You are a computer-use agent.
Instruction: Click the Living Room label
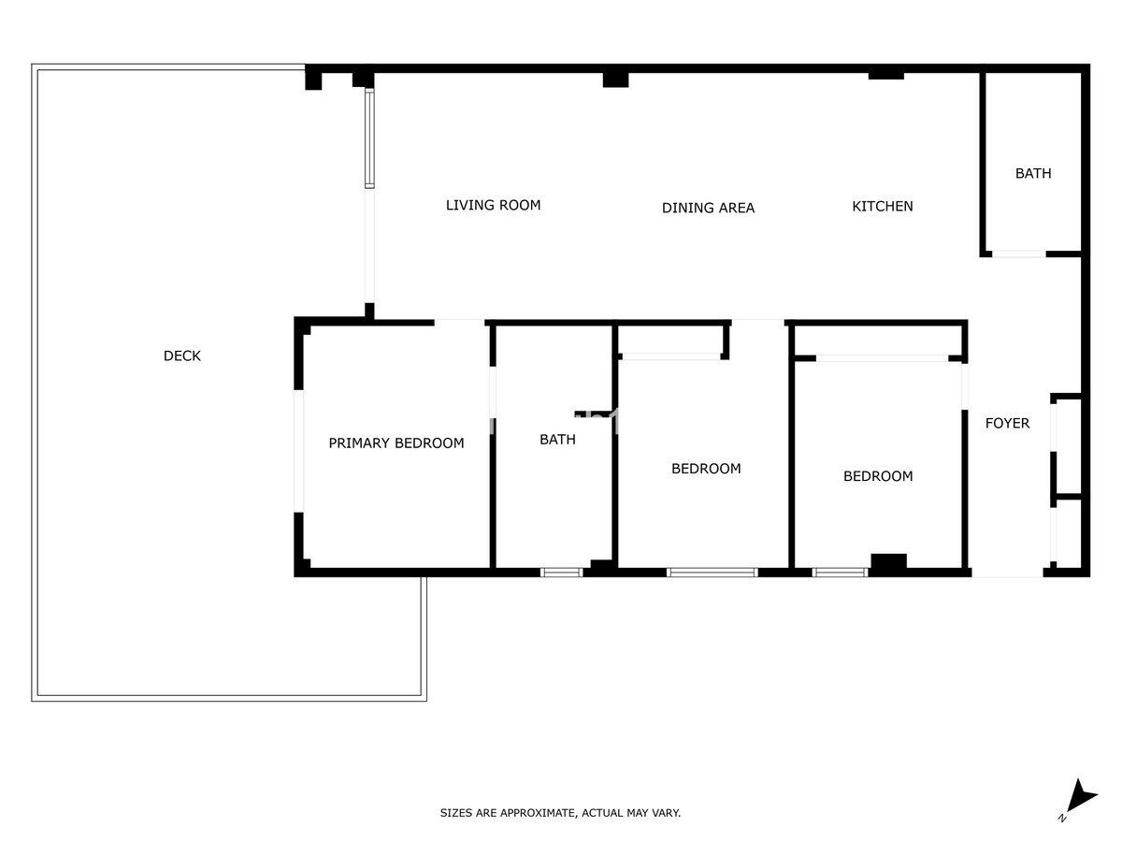(493, 205)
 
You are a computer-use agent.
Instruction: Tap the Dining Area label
(708, 208)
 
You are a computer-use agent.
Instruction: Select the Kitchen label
(882, 206)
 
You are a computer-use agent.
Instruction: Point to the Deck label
(182, 356)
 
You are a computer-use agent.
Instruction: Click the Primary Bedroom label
(396, 443)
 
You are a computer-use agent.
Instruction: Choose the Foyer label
(1007, 423)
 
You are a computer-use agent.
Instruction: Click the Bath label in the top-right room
(1033, 173)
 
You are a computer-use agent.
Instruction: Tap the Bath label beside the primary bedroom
(557, 439)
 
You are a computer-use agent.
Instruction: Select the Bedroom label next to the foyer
(878, 476)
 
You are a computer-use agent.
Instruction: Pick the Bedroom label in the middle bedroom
(706, 468)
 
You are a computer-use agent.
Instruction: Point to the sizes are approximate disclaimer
(560, 813)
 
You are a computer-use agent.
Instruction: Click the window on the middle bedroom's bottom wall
(712, 572)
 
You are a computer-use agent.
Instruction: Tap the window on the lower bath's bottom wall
(562, 572)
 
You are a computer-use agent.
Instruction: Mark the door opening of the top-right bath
(1018, 254)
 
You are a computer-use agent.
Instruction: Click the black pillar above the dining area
(615, 80)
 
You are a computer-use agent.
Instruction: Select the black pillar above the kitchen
(885, 75)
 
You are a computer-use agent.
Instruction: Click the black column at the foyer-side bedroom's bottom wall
(888, 562)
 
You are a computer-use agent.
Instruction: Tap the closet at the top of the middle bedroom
(670, 340)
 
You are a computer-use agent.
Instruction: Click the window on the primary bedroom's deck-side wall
(299, 451)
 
